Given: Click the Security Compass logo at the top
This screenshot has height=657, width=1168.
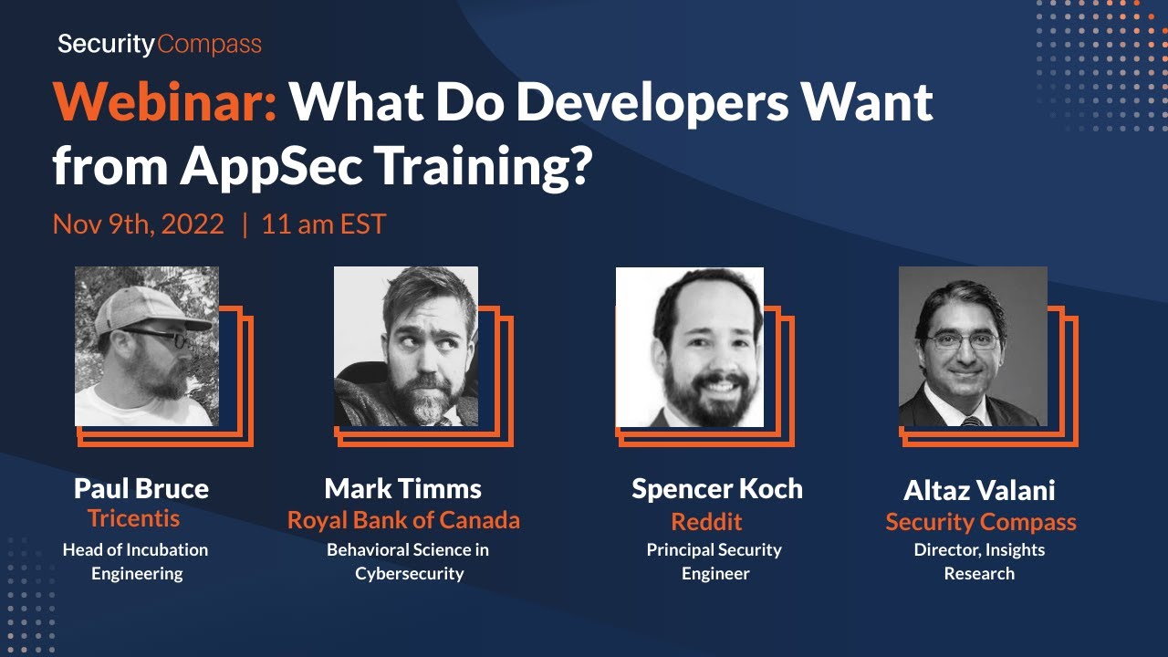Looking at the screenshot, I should pyautogui.click(x=160, y=44).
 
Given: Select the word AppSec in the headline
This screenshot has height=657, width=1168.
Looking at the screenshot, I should pyautogui.click(x=262, y=165).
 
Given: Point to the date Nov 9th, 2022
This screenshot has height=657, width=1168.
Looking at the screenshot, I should pyautogui.click(x=138, y=224).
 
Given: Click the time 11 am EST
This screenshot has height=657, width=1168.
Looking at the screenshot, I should pyautogui.click(x=323, y=224).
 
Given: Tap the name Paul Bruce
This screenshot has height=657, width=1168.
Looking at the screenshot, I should pyautogui.click(x=141, y=489).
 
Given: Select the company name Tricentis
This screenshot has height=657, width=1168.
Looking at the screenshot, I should pyautogui.click(x=134, y=519).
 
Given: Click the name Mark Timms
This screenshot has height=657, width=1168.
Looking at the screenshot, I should pyautogui.click(x=403, y=489).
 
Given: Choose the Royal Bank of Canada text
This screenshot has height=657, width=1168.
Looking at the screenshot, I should pyautogui.click(x=403, y=520).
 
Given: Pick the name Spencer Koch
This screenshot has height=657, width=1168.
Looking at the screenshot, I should pyautogui.click(x=717, y=489).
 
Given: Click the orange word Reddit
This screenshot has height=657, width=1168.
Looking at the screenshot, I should pyautogui.click(x=706, y=522).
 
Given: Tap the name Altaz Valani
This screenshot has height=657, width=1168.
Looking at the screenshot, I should pyautogui.click(x=979, y=491).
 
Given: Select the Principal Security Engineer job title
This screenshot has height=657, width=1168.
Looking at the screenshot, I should pyautogui.click(x=714, y=561).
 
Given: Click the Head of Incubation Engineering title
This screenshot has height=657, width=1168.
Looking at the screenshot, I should pyautogui.click(x=136, y=561).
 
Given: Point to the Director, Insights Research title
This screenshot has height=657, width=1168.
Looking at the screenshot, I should pyautogui.click(x=979, y=561).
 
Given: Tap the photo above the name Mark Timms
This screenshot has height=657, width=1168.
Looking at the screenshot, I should pyautogui.click(x=406, y=347).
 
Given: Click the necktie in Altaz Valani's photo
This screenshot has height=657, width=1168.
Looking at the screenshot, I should pyautogui.click(x=969, y=421).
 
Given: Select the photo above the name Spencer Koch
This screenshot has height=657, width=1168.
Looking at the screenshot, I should pyautogui.click(x=690, y=347).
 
